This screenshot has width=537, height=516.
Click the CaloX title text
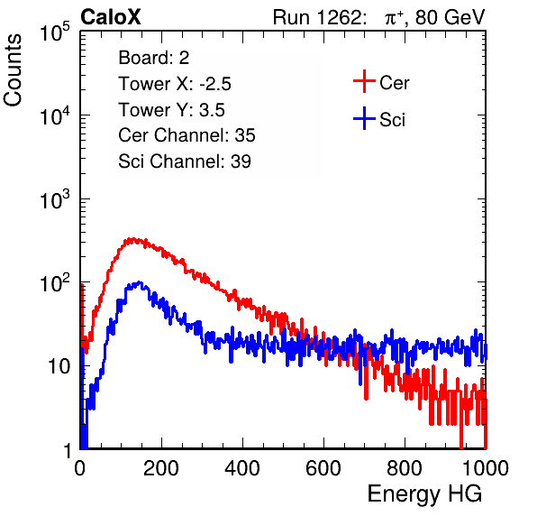click(110, 16)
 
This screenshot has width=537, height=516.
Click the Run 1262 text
click(317, 16)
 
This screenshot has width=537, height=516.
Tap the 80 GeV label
click(451, 16)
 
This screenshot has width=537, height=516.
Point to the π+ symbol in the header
click(394, 17)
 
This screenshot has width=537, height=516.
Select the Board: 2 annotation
click(154, 58)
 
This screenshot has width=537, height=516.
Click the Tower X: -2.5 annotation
click(175, 84)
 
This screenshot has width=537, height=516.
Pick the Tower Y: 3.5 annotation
click(171, 110)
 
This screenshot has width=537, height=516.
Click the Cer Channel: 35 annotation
click(187, 135)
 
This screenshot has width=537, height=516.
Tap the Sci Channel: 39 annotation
click(185, 161)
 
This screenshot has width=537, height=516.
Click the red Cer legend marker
click(364, 81)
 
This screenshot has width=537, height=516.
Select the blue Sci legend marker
click(364, 118)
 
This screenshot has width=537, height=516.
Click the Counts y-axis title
click(13, 70)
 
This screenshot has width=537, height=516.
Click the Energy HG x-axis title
click(424, 494)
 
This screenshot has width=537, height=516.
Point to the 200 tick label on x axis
click(161, 467)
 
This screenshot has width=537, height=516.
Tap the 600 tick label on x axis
click(323, 467)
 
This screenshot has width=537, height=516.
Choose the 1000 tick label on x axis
click(486, 467)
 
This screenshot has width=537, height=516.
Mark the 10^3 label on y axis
click(55, 199)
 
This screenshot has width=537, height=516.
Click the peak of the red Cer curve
click(132, 238)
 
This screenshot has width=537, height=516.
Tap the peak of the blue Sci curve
click(139, 282)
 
